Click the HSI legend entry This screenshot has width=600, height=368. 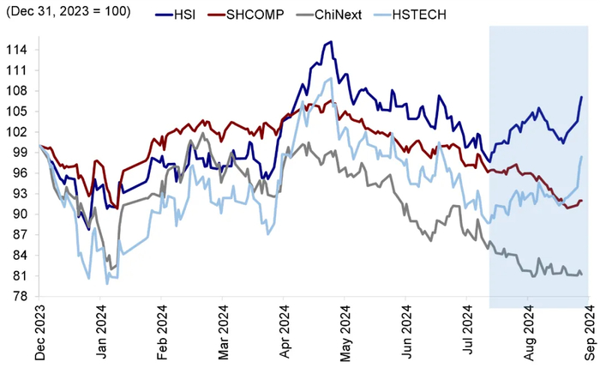(175, 15)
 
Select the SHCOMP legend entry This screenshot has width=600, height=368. (246, 15)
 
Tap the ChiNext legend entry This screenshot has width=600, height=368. (328, 15)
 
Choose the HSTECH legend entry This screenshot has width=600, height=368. (410, 15)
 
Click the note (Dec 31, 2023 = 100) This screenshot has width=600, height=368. (69, 11)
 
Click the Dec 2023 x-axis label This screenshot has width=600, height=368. (39, 332)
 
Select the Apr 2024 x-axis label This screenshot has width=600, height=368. (285, 332)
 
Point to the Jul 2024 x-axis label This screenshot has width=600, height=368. (468, 331)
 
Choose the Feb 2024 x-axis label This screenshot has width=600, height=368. (162, 332)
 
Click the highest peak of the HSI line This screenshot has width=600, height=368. (331, 41)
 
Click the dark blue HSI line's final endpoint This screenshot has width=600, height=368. (582, 96)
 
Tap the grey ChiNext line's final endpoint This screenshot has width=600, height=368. (582, 274)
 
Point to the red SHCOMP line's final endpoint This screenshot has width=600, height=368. (582, 201)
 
